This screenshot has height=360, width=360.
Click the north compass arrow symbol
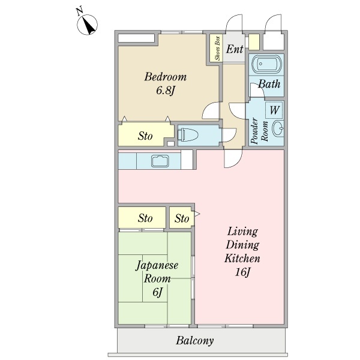click(87, 25)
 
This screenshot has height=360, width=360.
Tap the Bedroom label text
click(166, 77)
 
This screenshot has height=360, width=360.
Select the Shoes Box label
click(217, 48)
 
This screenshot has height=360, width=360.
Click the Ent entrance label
click(235, 49)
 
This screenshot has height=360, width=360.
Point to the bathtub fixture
click(266, 64)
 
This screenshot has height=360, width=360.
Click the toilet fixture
click(188, 134)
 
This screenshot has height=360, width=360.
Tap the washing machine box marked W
click(274, 110)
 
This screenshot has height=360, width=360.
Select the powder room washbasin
click(278, 128)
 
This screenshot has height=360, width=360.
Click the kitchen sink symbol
click(160, 161)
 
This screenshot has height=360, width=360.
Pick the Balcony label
click(194, 340)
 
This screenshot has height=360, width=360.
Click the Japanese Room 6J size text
click(157, 292)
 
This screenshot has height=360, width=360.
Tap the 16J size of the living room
click(242, 272)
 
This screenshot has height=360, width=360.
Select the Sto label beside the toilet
click(145, 136)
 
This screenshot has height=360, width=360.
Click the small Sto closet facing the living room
click(181, 217)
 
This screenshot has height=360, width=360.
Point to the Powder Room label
click(259, 131)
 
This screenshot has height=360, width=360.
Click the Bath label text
click(269, 84)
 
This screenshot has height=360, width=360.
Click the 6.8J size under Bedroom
click(166, 91)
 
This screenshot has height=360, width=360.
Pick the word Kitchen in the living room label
click(242, 259)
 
